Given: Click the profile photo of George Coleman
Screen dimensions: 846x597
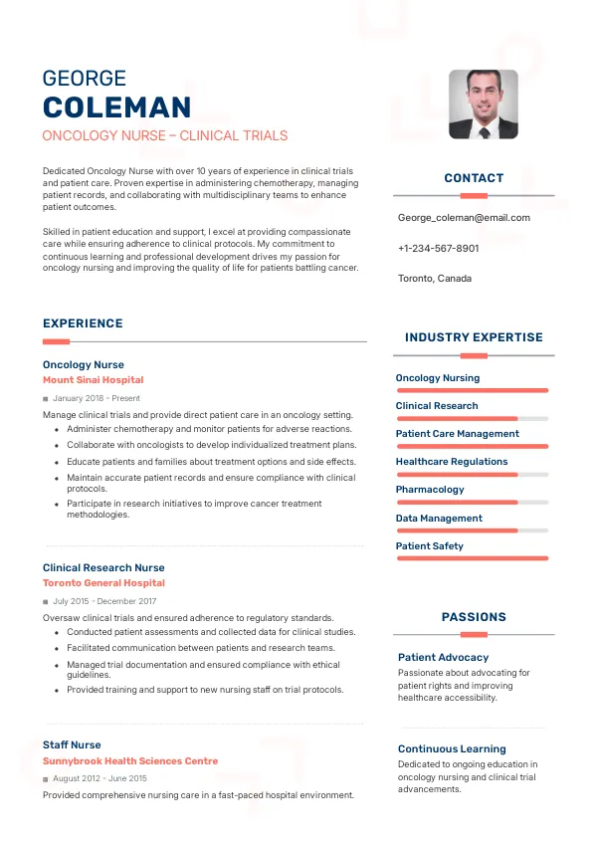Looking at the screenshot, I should (483, 104).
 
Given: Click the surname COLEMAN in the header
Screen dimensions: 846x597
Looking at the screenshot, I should (116, 107).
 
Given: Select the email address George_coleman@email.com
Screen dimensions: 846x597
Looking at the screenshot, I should (464, 218).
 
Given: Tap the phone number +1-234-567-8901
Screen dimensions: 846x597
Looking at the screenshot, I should (438, 248).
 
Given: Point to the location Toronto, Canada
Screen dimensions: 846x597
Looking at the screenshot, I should (435, 279).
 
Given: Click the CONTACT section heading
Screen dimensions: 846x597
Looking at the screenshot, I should (474, 178).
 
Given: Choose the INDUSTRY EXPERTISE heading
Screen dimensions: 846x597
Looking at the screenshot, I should (474, 337).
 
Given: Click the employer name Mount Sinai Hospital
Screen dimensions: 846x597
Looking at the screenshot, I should (93, 380).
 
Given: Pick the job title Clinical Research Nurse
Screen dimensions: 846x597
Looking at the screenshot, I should (103, 567).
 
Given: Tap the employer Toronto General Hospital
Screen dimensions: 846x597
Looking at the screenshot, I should (103, 583).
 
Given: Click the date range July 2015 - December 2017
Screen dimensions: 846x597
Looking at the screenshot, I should (104, 601).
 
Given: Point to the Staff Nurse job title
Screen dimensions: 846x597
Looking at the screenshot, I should (72, 744).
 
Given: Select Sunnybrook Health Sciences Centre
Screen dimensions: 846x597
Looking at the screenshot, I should (130, 761).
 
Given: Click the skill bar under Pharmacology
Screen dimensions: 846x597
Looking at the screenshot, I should (473, 503).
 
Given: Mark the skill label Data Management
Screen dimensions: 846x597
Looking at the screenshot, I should (439, 518).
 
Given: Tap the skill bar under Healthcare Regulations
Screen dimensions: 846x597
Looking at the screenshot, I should (473, 475).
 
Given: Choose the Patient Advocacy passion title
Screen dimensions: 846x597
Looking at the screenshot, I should (443, 657).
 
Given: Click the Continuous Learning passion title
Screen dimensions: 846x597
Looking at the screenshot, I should (452, 748).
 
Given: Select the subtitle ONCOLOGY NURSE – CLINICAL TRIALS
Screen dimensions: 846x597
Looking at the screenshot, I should (165, 135).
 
